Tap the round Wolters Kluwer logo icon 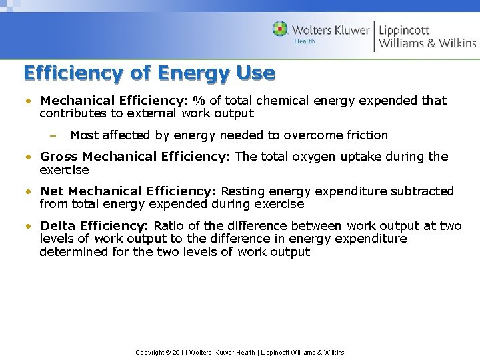tap(281, 29)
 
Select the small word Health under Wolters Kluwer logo tap(305, 41)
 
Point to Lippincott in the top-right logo tap(404, 29)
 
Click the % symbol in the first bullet tap(199, 101)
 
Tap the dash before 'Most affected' tap(53, 135)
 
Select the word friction tap(363, 135)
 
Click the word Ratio tap(167, 226)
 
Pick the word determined tap(72, 252)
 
